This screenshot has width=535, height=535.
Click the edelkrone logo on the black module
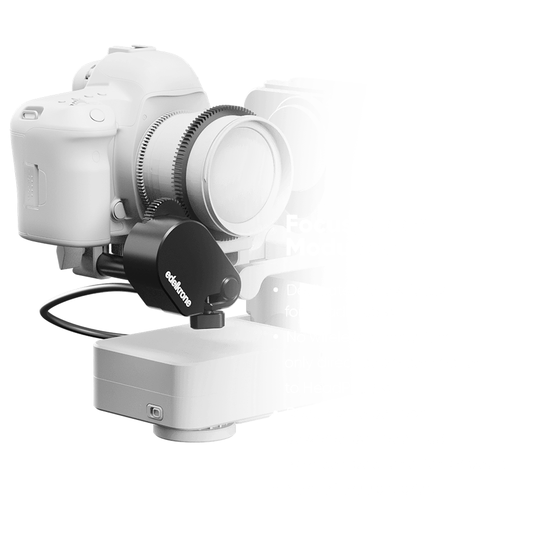coord(178,287)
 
